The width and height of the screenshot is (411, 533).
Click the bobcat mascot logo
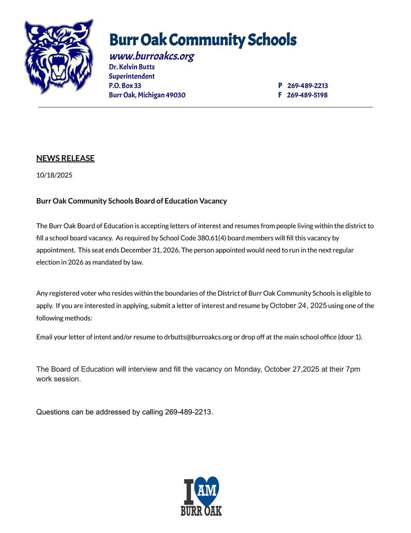click(x=58, y=56)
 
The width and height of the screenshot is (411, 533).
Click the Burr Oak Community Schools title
click(x=203, y=40)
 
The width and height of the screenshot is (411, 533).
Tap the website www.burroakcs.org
click(x=151, y=56)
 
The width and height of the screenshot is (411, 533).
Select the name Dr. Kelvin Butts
click(x=131, y=67)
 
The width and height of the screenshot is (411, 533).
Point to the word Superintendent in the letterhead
click(x=131, y=76)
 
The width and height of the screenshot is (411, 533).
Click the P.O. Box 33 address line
click(x=125, y=85)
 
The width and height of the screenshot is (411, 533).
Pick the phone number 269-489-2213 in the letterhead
click(x=307, y=85)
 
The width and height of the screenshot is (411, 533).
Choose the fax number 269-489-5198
click(x=307, y=95)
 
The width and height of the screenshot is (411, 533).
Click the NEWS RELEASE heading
click(x=65, y=158)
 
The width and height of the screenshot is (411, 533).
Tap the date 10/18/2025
click(x=54, y=175)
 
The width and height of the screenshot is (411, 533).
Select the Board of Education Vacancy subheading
click(x=131, y=201)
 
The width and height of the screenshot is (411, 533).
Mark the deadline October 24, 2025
click(x=298, y=306)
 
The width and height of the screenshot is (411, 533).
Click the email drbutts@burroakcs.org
click(x=198, y=337)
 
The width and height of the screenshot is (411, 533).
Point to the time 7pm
click(x=352, y=369)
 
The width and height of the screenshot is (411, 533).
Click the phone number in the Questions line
click(x=188, y=412)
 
